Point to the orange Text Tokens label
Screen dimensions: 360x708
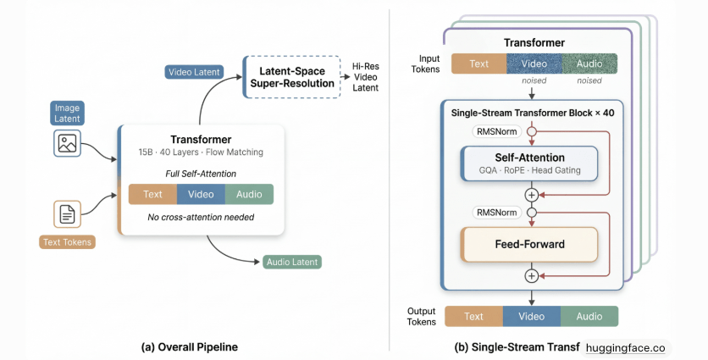tap(69, 242)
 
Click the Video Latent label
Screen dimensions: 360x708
tap(194, 73)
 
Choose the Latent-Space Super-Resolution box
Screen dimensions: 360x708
tap(290, 75)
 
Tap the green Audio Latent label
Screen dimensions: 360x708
tap(293, 263)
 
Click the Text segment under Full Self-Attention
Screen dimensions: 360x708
tap(152, 194)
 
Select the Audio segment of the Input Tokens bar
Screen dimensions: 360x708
tap(589, 64)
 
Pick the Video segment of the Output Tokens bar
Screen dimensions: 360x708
tap(531, 316)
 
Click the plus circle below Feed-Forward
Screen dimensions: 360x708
tap(532, 275)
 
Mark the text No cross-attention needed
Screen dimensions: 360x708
tap(202, 217)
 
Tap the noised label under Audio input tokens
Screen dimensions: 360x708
tap(589, 81)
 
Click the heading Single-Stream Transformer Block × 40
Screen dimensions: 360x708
tap(531, 112)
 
